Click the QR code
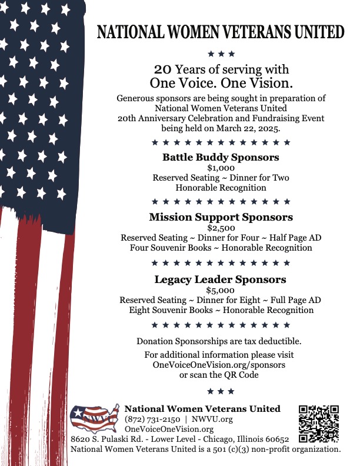click(319, 423)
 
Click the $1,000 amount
click(221, 168)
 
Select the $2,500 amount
click(221, 228)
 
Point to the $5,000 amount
click(221, 290)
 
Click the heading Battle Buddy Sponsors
click(221, 157)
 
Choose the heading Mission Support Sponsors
click(221, 217)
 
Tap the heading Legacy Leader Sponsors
click(221, 279)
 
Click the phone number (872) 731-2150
click(152, 419)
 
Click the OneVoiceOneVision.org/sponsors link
click(219, 365)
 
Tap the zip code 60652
click(274, 440)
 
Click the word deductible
click(280, 341)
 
